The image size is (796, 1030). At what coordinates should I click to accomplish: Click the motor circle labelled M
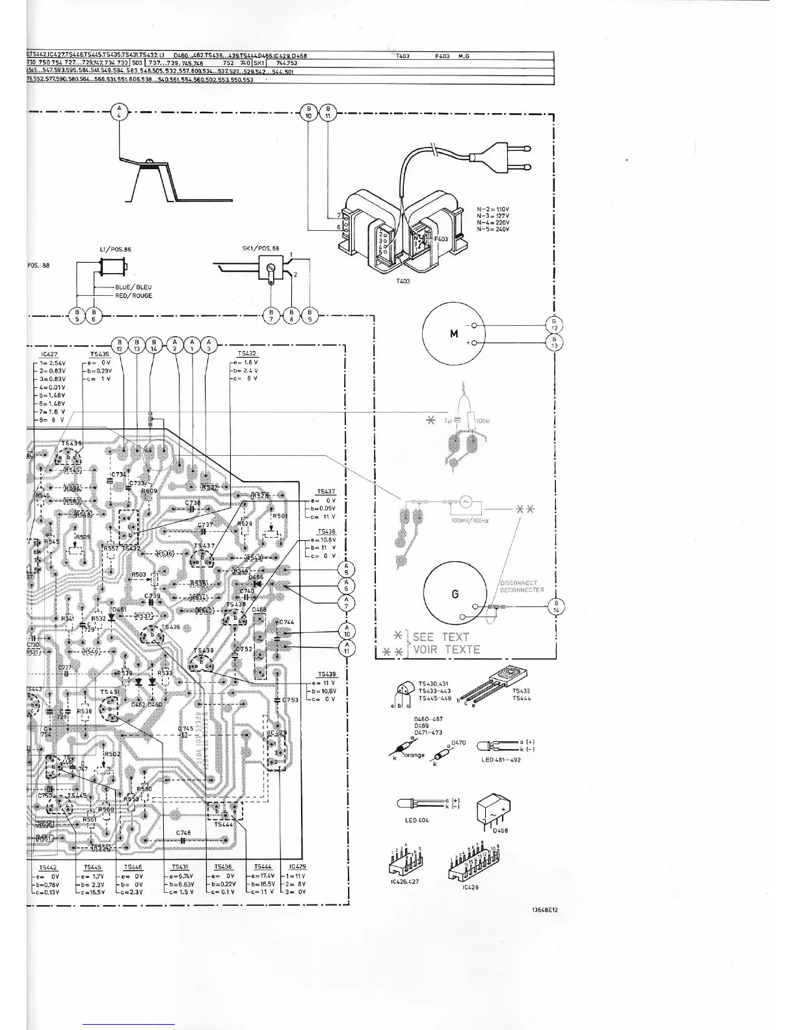pos(454,334)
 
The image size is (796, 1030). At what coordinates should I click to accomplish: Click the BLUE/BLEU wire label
pos(133,287)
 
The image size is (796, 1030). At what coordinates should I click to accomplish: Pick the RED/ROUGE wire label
pos(133,296)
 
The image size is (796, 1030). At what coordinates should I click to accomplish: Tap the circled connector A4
pos(119,112)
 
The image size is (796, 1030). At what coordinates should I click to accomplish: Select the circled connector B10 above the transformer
pos(310,112)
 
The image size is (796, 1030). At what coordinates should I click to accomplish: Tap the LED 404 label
pos(417,821)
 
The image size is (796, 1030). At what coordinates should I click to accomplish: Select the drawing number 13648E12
pos(545,910)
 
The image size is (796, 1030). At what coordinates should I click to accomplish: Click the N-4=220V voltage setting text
pos(493,223)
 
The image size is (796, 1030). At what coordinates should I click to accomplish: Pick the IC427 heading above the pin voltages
pos(49,355)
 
